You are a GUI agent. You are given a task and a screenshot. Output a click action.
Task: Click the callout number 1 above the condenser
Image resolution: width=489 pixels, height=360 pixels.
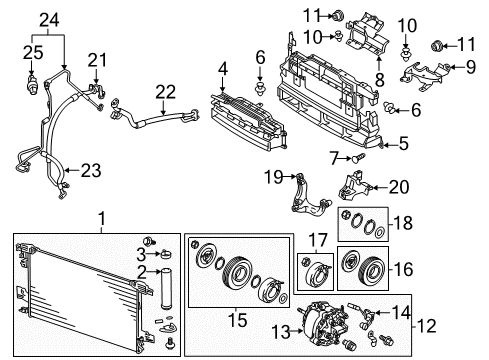point(99,219)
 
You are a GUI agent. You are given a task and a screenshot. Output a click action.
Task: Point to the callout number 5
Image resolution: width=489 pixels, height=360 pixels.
point(403,143)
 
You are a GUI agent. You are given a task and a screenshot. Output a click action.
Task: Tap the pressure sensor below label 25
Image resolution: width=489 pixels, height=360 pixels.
point(35,87)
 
